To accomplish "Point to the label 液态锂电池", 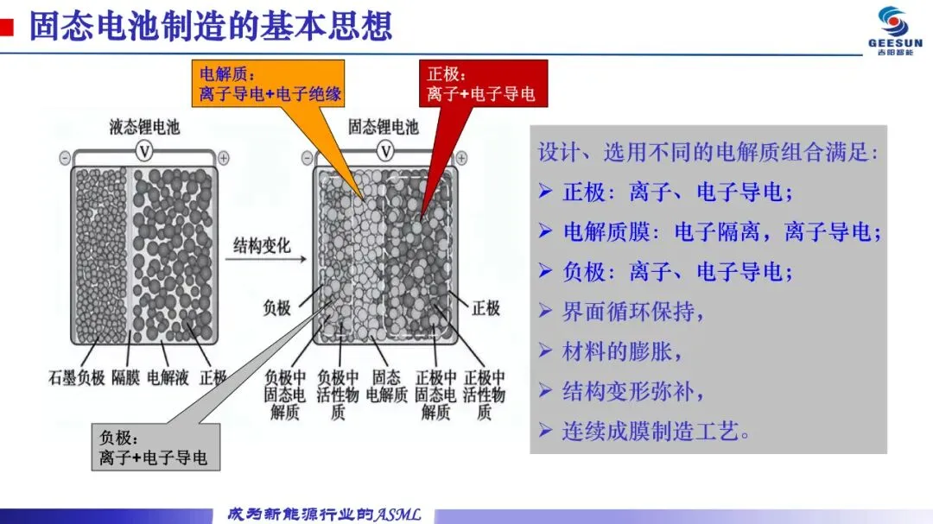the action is click(x=144, y=128).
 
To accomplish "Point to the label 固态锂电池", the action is click(x=383, y=128).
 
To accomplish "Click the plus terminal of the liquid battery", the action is click(x=224, y=158).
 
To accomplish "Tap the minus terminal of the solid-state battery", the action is click(x=307, y=159).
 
